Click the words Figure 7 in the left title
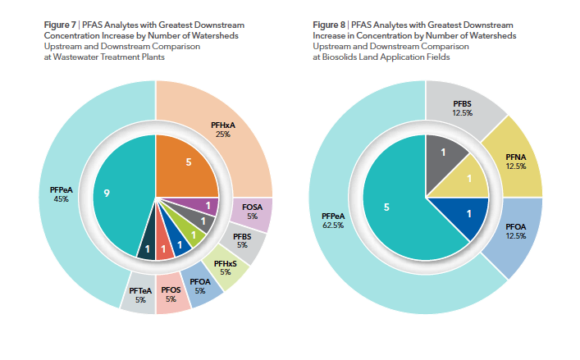(58, 26)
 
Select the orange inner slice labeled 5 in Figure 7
(188, 162)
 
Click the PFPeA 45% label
(62, 194)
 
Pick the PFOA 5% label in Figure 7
(200, 285)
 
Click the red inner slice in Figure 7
(164, 246)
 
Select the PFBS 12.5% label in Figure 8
(464, 108)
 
